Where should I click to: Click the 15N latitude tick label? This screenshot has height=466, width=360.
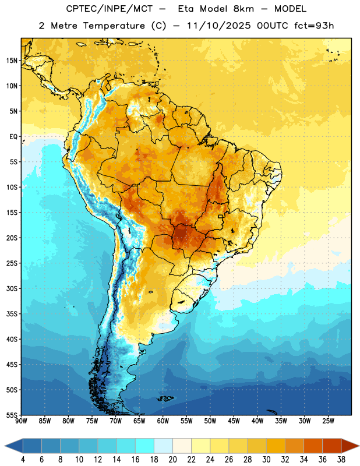(x=11, y=61)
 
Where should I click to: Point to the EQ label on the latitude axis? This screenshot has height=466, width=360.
(x=13, y=137)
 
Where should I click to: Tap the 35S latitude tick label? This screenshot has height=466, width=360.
(x=11, y=314)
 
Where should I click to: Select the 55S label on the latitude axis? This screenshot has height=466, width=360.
(x=11, y=415)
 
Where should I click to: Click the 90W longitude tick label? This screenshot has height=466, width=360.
(x=21, y=421)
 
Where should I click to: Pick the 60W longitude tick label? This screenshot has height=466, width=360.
(x=163, y=421)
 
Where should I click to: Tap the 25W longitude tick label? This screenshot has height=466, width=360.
(x=328, y=421)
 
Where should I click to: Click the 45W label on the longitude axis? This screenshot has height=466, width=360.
(x=234, y=421)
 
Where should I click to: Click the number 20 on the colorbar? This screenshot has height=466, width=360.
(x=172, y=460)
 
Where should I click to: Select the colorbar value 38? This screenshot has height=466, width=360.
(x=341, y=460)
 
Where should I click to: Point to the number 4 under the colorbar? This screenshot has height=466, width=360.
(x=23, y=460)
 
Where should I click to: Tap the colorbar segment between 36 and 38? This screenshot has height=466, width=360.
(x=332, y=446)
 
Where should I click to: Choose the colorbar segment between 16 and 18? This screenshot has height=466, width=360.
(x=145, y=446)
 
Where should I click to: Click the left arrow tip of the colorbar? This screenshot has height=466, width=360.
(x=5, y=446)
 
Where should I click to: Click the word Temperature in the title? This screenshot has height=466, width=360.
(x=114, y=26)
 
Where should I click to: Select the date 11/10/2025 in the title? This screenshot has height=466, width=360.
(x=219, y=26)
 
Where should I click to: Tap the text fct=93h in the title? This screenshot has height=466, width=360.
(x=314, y=26)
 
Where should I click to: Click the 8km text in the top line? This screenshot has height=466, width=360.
(x=243, y=9)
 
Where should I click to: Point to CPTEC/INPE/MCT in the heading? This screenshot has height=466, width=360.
(x=109, y=9)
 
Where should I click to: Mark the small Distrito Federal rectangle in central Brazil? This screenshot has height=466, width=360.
(x=221, y=216)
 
